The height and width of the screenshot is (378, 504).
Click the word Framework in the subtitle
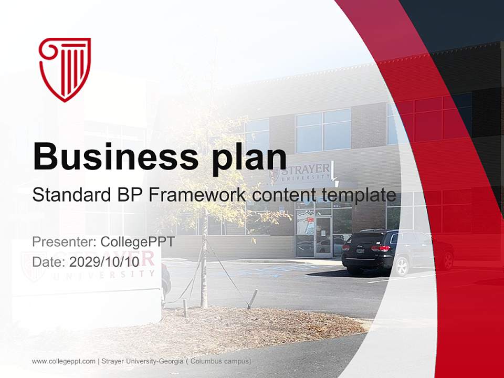[x=197, y=195]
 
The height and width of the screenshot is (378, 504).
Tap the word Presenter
[x=62, y=243]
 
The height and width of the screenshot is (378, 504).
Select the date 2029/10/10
[x=104, y=261]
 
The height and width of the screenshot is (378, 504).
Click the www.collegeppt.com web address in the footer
[x=64, y=362]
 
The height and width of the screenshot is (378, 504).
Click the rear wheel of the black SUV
[x=402, y=266]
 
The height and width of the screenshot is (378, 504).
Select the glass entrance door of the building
[x=323, y=236]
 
